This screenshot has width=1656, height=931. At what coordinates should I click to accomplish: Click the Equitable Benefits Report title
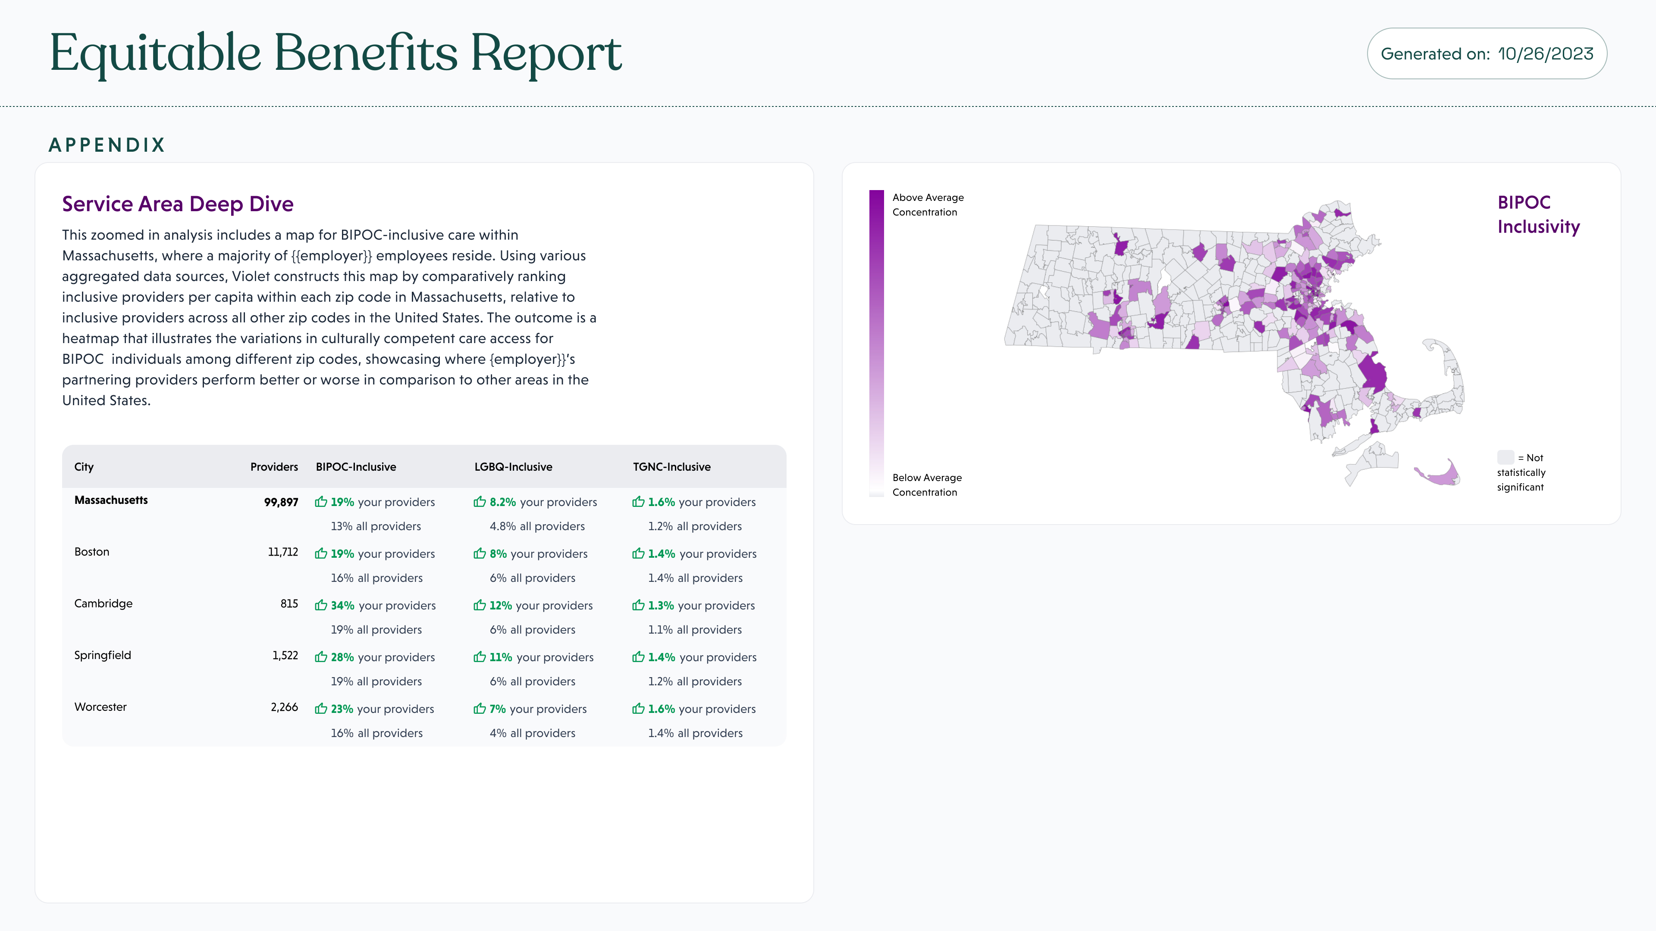tap(336, 53)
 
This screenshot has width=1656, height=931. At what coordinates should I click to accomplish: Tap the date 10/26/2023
tap(1546, 54)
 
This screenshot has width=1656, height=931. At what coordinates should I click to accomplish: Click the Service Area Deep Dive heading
tap(177, 204)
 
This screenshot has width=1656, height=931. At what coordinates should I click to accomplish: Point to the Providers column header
tap(274, 467)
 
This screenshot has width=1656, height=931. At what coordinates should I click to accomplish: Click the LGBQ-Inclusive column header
tap(513, 467)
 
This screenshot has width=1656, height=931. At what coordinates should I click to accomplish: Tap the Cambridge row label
tap(103, 603)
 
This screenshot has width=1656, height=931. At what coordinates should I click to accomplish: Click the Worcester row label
tap(100, 707)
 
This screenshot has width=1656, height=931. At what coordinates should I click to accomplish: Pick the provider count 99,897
tap(281, 503)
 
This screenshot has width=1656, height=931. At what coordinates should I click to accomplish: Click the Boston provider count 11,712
tap(283, 552)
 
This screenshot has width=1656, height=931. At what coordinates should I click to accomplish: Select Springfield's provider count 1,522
tap(285, 655)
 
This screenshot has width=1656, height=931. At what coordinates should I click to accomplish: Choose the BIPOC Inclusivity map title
tap(1538, 215)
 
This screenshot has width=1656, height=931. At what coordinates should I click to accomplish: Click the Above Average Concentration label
tap(928, 205)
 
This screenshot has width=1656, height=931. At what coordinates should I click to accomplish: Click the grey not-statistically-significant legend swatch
tap(1505, 457)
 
